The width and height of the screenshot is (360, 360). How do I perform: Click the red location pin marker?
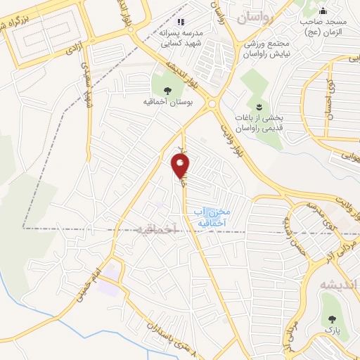(x=181, y=165)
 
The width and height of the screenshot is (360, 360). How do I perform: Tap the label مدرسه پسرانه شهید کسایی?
(x=185, y=37)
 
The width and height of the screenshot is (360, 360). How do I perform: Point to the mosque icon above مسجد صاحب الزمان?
(x=323, y=11)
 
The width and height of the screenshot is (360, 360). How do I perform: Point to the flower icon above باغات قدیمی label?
(x=258, y=107)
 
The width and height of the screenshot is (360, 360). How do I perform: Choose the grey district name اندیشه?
(x=339, y=285)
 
